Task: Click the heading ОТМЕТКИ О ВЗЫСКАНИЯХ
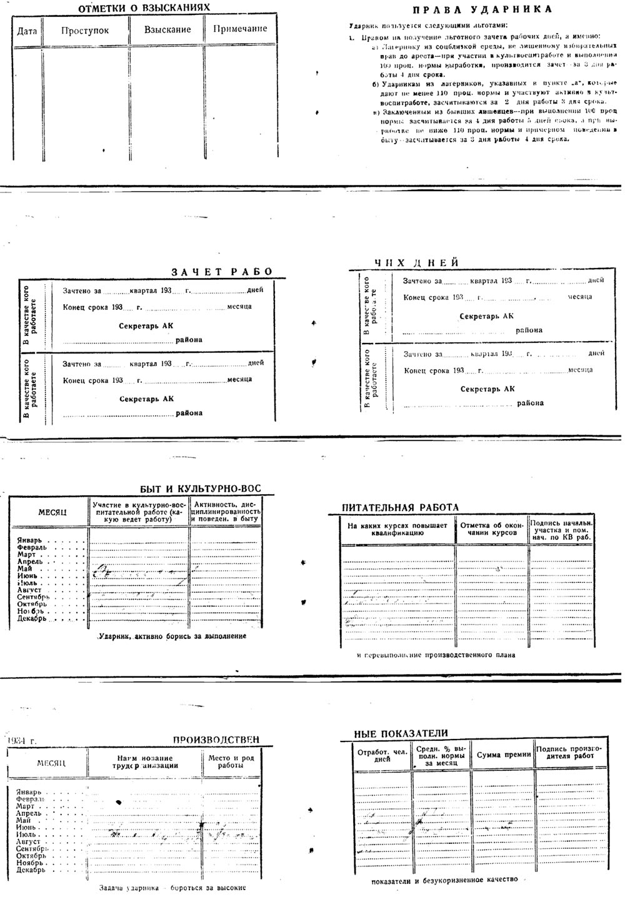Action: (144, 8)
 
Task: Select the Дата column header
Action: (27, 30)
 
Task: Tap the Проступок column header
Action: (85, 30)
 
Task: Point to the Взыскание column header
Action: (167, 29)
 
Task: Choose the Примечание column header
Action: (240, 29)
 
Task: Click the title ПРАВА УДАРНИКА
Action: (482, 9)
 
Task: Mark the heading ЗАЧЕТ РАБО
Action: (222, 272)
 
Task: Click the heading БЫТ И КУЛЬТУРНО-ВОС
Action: (200, 488)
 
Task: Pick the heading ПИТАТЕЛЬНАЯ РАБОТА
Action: (400, 507)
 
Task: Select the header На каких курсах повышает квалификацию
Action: (398, 529)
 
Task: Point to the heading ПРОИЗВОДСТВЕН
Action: (216, 740)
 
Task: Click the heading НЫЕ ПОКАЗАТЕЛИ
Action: (401, 733)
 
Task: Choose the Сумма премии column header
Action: (504, 755)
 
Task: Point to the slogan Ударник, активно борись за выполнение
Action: (172, 636)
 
